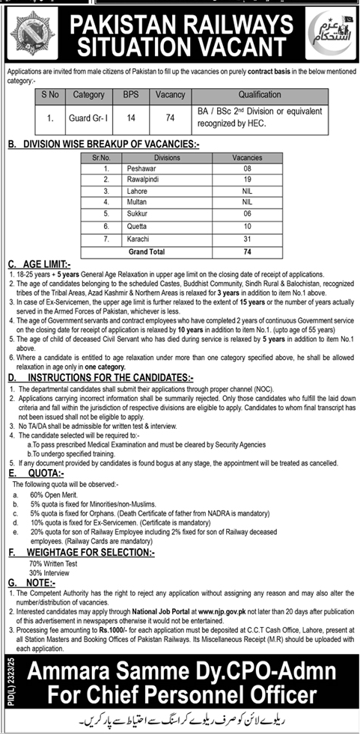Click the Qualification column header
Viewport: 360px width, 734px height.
pos(259,95)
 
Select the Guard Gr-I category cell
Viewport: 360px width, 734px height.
pos(89,117)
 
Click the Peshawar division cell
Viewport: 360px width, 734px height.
pos(162,169)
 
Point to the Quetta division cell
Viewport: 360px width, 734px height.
pos(162,225)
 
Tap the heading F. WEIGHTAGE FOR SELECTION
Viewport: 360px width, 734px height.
pos(81,551)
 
